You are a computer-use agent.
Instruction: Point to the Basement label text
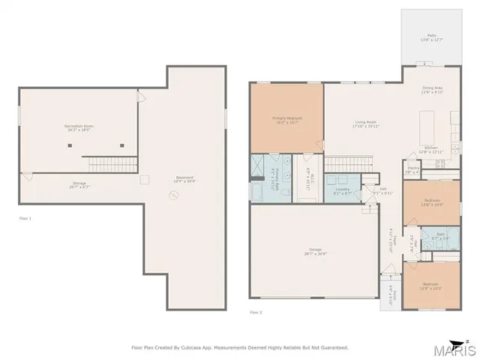pyautogui.click(x=174, y=178)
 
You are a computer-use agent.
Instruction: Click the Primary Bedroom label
pyautogui.click(x=286, y=120)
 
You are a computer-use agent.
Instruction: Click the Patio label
pyautogui.click(x=432, y=36)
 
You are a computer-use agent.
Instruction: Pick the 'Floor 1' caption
pyautogui.click(x=25, y=218)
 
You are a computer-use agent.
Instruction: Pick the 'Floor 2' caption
pyautogui.click(x=256, y=312)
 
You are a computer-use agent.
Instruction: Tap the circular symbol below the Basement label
pyautogui.click(x=174, y=195)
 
